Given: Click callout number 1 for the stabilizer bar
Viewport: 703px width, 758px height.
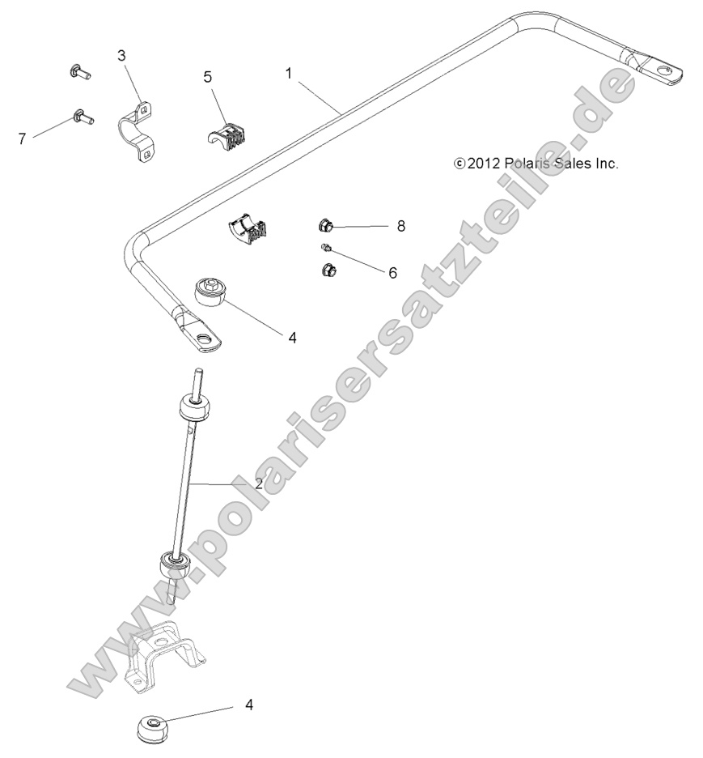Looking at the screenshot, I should coord(289,73).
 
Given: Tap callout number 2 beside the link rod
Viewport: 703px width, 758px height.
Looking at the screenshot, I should coord(258,483).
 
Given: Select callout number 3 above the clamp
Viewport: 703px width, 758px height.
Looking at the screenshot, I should coord(121,55).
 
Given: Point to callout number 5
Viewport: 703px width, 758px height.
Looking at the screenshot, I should coord(208,77).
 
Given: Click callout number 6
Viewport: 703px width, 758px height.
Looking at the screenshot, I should coord(392,273).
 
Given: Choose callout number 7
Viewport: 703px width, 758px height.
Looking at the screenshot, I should coord(22,138).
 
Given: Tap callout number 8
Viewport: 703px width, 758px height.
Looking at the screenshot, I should coord(400,226).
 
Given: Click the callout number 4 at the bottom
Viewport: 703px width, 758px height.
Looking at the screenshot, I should coord(249,705).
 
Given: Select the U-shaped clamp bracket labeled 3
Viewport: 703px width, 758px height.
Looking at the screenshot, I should coord(138,131).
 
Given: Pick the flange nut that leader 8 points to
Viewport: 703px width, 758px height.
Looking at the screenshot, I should coord(325,225).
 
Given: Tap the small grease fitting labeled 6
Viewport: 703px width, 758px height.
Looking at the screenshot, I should coord(326,248).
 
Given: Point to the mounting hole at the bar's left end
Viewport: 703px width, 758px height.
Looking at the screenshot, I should coord(207,340).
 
